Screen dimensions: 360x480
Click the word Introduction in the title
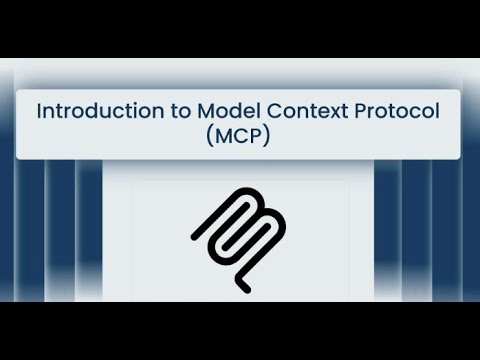(x=90, y=111)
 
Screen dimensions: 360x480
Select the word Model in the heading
(x=215, y=111)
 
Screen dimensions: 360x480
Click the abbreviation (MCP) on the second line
(x=239, y=137)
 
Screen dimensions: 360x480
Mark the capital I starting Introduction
(x=40, y=111)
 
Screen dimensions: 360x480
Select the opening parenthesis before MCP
(x=210, y=137)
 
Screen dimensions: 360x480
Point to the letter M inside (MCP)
(x=224, y=137)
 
